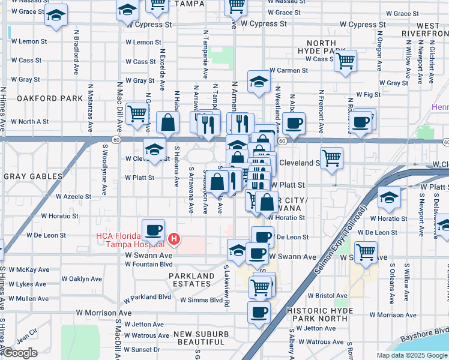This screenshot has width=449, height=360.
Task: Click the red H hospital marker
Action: coord(174,239)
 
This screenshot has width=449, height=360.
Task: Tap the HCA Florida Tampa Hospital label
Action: coord(130,239)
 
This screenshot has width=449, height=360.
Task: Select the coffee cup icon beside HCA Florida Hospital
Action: coord(153,230)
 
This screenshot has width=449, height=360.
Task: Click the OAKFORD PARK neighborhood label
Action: coord(41,98)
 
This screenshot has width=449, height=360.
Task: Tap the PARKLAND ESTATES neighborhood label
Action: coord(191,280)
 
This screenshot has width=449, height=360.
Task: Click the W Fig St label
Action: coord(369,95)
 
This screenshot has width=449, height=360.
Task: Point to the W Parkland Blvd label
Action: coord(148,296)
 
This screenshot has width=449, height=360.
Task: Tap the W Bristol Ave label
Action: coord(327,296)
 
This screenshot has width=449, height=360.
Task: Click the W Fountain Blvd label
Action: coord(149,264)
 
